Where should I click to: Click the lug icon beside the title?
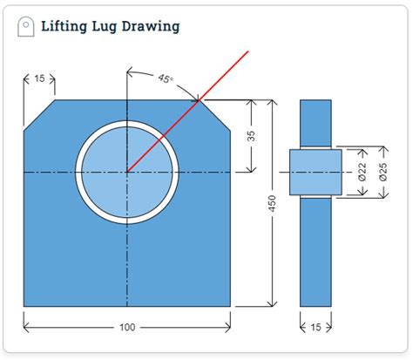(26, 26)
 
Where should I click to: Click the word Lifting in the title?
(64, 26)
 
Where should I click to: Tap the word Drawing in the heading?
(151, 26)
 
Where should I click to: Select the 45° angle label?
(166, 78)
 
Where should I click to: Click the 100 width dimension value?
(127, 328)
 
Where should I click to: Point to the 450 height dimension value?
(272, 203)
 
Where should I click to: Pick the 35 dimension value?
(251, 136)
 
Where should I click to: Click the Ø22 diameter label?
(362, 172)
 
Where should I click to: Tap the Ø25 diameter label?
(383, 172)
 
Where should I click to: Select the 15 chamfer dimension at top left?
(39, 78)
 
